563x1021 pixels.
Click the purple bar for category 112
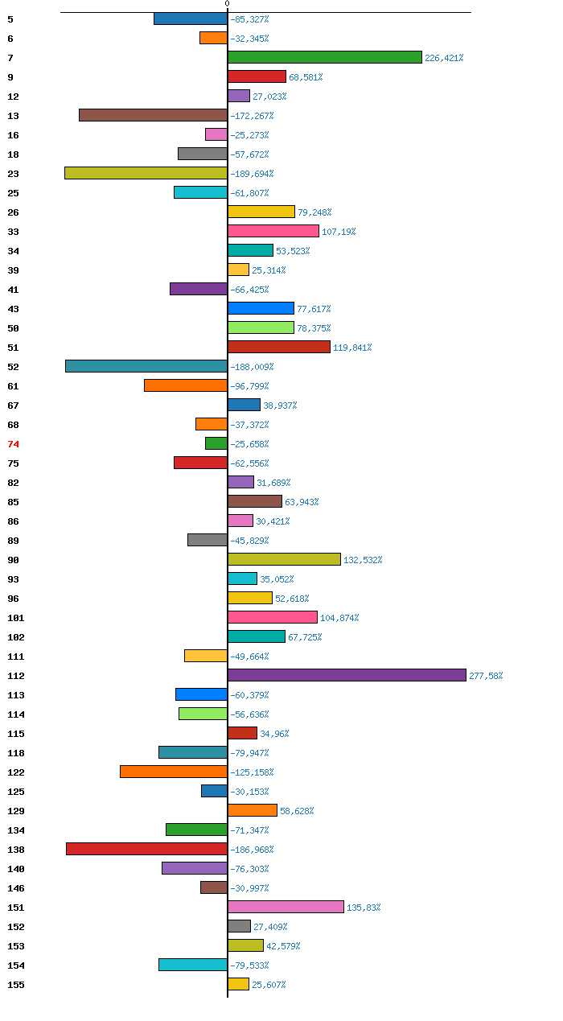[x=347, y=675]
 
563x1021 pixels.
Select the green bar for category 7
[x=324, y=57]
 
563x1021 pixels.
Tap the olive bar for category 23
[x=146, y=173]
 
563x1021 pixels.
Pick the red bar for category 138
[x=146, y=849]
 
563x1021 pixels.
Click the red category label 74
[x=13, y=444]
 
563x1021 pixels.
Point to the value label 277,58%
[x=486, y=676]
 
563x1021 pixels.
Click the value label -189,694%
[x=252, y=174]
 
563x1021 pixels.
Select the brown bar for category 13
[x=153, y=115]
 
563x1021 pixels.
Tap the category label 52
[x=13, y=367]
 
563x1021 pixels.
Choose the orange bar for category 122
[x=174, y=772]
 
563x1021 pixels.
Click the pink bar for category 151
[x=286, y=907]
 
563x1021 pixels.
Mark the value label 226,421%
[x=444, y=58]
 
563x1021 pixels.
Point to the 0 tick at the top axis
[x=227, y=4]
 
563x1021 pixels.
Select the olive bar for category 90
[x=284, y=559]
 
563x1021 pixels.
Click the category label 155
[x=16, y=985]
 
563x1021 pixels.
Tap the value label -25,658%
[x=249, y=444]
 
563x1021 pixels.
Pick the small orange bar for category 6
[x=213, y=38]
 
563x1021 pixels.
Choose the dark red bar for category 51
[x=278, y=347]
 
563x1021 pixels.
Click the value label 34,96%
[x=274, y=734]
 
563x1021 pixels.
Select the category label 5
[x=10, y=19]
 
